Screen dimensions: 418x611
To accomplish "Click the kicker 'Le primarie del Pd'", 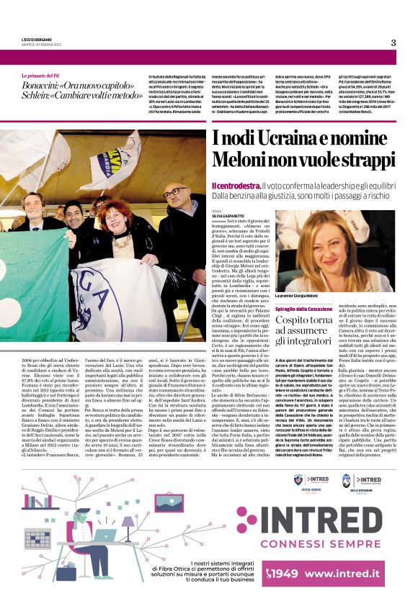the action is pos(43,75).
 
